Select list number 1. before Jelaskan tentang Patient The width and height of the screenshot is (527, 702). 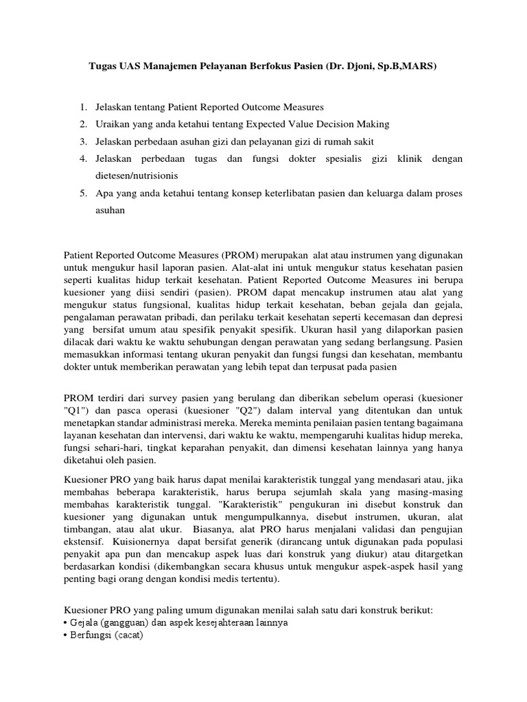pos(83,108)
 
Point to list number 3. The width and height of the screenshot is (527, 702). pos(83,141)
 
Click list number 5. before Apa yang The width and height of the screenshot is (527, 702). pos(83,193)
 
